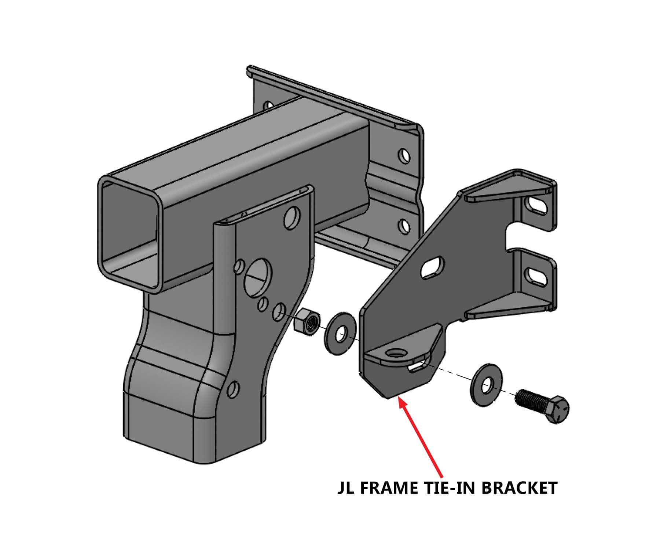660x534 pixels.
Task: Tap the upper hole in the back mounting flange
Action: tap(404, 156)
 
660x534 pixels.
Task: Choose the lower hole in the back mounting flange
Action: tap(404, 226)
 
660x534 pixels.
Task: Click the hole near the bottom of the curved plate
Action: tap(233, 390)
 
